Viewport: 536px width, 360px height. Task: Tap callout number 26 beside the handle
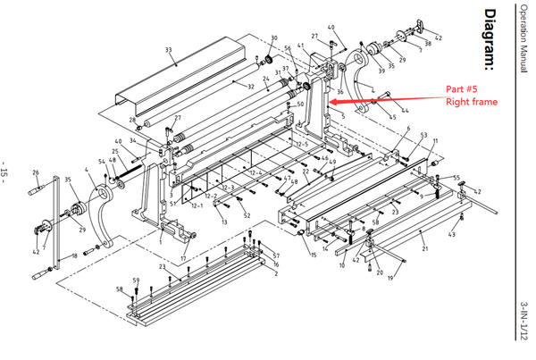[x=35, y=172]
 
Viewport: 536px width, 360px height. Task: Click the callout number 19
[x=389, y=279]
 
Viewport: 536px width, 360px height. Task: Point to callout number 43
[x=452, y=234]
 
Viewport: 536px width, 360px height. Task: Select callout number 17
[x=183, y=259]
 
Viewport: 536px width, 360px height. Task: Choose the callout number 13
[x=223, y=221]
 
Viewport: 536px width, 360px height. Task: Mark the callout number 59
[x=136, y=281]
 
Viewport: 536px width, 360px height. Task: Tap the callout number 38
[x=428, y=43]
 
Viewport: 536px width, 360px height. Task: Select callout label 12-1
[x=197, y=205]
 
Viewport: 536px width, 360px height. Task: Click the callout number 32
[x=251, y=87]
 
